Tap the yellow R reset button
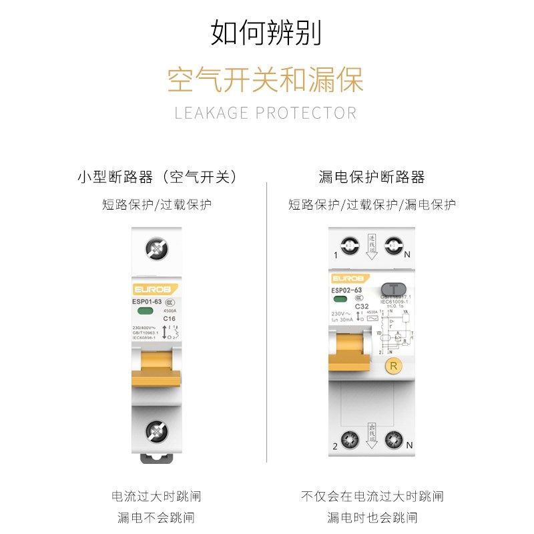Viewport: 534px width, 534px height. point(393,366)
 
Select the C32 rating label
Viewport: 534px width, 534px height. point(362,306)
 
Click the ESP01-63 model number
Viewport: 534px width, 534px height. point(149,302)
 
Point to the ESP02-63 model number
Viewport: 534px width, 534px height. point(346,290)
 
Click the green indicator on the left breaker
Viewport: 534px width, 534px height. point(144,310)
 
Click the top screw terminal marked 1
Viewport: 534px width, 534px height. point(350,247)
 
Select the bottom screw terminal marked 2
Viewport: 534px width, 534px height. point(350,440)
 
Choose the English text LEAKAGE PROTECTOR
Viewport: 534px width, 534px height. point(266,113)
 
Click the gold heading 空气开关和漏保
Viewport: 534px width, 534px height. point(266,79)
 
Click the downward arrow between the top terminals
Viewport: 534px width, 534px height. point(372,246)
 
